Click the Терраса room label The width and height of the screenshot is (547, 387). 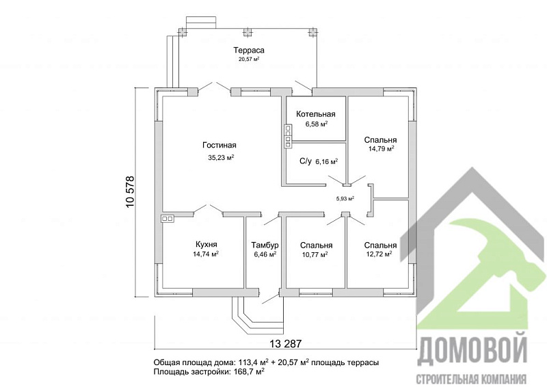pyautogui.click(x=249, y=50)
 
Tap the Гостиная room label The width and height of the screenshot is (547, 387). pyautogui.click(x=219, y=145)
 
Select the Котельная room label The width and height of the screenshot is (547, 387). pyautogui.click(x=316, y=114)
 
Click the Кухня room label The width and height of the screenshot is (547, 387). pyautogui.click(x=206, y=244)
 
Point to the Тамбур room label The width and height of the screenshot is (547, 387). pyautogui.click(x=265, y=245)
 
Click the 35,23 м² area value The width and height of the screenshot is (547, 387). pyautogui.click(x=221, y=157)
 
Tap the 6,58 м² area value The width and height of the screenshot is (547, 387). pyautogui.click(x=317, y=124)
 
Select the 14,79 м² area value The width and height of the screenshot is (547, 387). pyautogui.click(x=382, y=148)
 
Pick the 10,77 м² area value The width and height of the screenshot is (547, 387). pyautogui.click(x=315, y=254)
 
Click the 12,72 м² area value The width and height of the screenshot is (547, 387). pyautogui.click(x=379, y=254)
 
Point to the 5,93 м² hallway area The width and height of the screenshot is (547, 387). pyautogui.click(x=345, y=198)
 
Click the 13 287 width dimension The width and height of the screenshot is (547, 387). pyautogui.click(x=285, y=344)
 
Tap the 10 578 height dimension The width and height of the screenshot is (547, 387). pyautogui.click(x=129, y=192)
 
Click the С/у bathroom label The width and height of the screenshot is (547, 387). pyautogui.click(x=305, y=161)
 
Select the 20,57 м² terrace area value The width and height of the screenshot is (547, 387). pyautogui.click(x=249, y=59)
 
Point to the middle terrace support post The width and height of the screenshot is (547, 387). pyautogui.click(x=247, y=32)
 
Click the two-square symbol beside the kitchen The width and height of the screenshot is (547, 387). pyautogui.click(x=167, y=219)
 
